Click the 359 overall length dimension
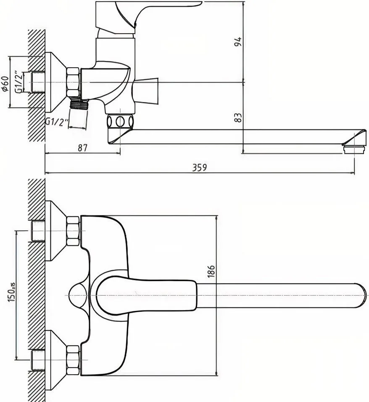[200, 168]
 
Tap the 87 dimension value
[82, 148]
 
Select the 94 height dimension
[238, 42]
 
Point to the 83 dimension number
[238, 118]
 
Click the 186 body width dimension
[211, 271]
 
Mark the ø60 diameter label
[5, 84]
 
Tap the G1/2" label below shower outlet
[57, 121]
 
